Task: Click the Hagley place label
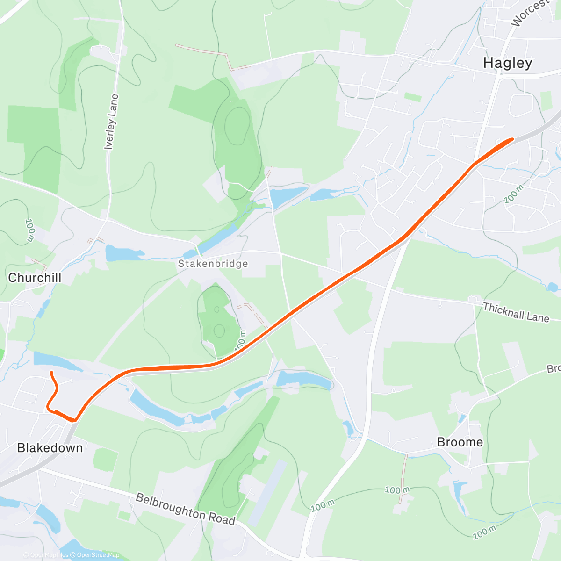pyautogui.click(x=507, y=63)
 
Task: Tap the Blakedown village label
pyautogui.click(x=50, y=448)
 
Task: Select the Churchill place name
pyautogui.click(x=35, y=278)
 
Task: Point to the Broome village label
pyautogui.click(x=460, y=442)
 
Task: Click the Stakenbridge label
pyautogui.click(x=213, y=264)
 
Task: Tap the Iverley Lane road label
pyautogui.click(x=111, y=122)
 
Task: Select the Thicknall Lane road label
pyautogui.click(x=516, y=312)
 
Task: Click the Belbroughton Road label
pyautogui.click(x=185, y=509)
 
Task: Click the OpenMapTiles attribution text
pyautogui.click(x=46, y=555)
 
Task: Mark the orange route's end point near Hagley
pyautogui.click(x=512, y=139)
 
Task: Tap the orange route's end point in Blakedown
pyautogui.click(x=51, y=372)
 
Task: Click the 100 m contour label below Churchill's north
pyautogui.click(x=30, y=230)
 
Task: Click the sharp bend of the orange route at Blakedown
pyautogui.click(x=74, y=420)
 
